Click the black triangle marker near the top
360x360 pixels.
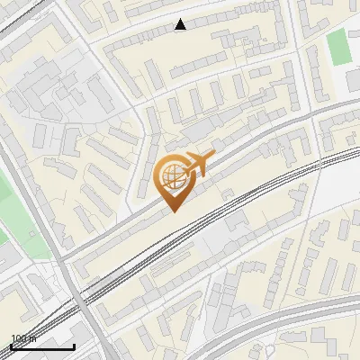click(181, 24)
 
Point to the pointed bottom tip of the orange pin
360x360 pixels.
click(174, 211)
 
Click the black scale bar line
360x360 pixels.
click(42, 346)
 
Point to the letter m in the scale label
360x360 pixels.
click(32, 339)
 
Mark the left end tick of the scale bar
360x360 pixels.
click(11, 345)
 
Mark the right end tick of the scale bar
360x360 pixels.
click(75, 345)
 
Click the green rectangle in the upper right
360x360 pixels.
click(339, 47)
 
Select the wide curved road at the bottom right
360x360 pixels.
click(297, 315)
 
